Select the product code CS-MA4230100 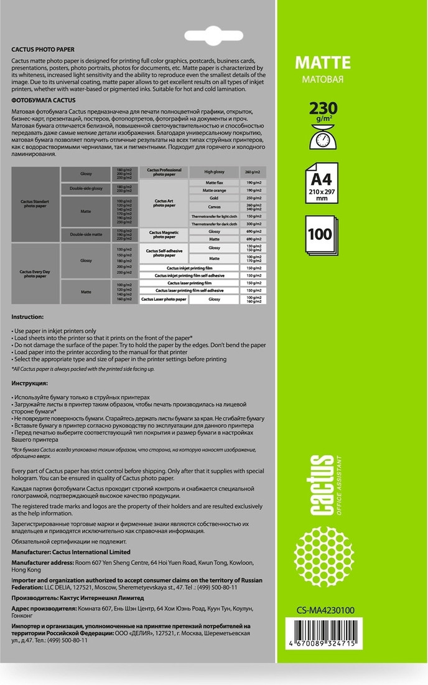325,610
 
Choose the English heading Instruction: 28,317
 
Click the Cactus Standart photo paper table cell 35,204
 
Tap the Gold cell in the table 214,197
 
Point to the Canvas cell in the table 214,206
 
